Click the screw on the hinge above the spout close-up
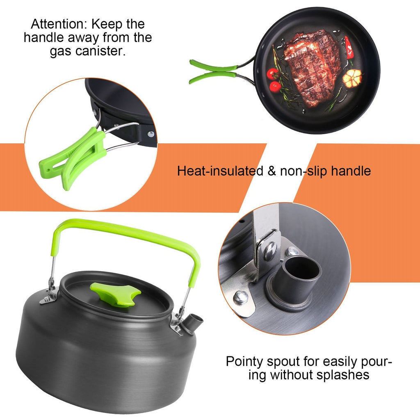coord(270,251)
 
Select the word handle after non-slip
coord(349,171)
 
